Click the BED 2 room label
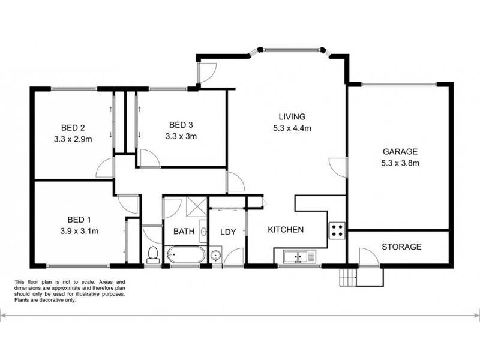(73, 127)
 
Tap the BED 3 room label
(181, 125)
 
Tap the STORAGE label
(401, 247)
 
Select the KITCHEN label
(286, 230)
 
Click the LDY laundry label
(227, 232)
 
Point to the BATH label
(183, 232)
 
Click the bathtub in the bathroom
(185, 255)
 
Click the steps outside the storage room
(347, 277)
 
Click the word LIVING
(292, 116)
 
